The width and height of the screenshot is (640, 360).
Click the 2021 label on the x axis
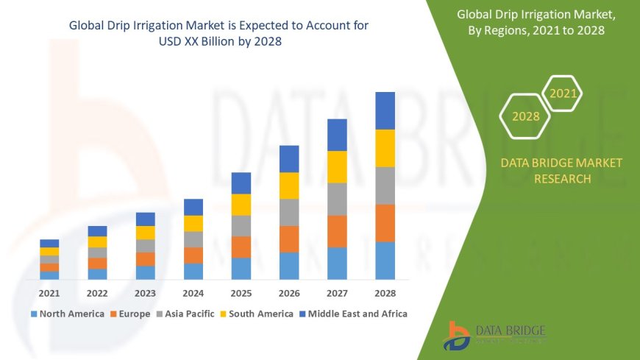click(49, 293)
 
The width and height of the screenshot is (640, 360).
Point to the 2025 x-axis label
click(241, 293)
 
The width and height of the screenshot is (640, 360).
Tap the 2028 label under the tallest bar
click(385, 293)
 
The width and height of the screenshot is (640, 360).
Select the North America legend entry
click(67, 314)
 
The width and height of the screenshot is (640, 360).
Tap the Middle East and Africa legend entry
click(353, 314)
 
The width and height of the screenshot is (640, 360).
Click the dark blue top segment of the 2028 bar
click(385, 110)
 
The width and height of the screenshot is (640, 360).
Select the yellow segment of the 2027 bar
click(337, 166)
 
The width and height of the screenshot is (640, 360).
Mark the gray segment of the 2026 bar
click(289, 212)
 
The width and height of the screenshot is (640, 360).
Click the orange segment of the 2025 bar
click(241, 247)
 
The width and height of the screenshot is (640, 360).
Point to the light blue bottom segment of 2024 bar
click(193, 271)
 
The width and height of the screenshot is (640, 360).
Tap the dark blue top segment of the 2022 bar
click(97, 231)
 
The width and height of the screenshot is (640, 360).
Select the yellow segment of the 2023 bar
click(146, 233)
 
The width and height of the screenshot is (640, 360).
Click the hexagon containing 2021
click(563, 93)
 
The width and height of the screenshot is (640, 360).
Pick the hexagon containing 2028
click(525, 116)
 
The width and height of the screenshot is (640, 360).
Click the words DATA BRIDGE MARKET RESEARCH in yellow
click(561, 171)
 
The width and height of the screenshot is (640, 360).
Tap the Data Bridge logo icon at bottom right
click(457, 336)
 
